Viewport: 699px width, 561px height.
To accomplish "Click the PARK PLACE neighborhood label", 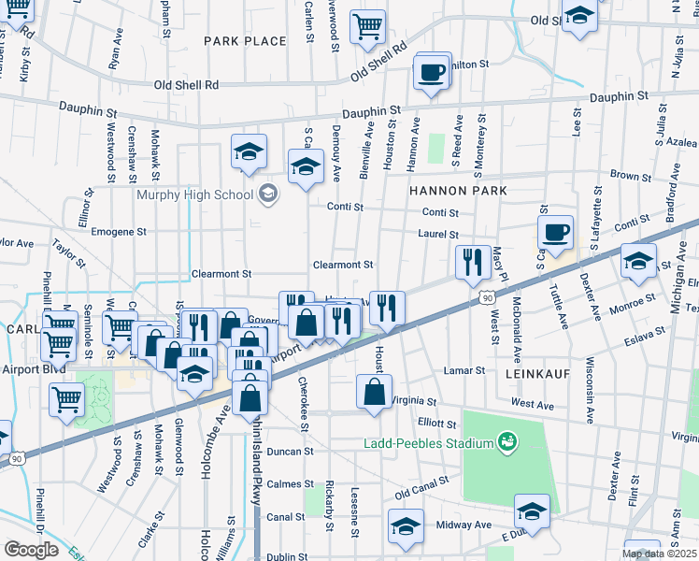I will click(x=245, y=41).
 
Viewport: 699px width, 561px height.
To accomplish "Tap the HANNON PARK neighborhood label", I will click(x=458, y=190).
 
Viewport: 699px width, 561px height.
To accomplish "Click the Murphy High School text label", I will click(x=194, y=194).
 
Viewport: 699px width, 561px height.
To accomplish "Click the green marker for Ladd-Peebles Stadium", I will click(x=507, y=439).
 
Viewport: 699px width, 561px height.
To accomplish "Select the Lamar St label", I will click(x=466, y=370).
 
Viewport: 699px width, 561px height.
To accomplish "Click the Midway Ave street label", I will click(x=469, y=525).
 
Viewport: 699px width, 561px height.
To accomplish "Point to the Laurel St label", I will click(x=438, y=235).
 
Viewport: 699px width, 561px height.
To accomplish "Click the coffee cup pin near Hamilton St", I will click(x=432, y=72).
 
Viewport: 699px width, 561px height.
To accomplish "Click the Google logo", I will click(x=31, y=550).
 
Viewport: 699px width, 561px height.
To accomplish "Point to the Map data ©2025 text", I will click(x=659, y=554).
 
